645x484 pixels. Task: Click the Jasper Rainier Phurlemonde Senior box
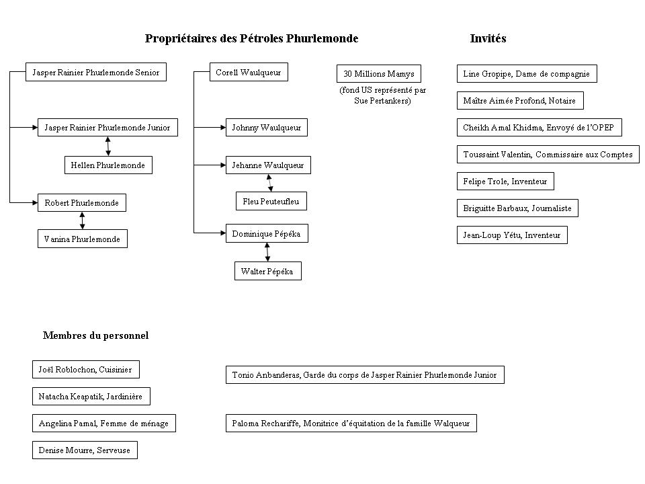coord(96,72)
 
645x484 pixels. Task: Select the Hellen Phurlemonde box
coord(108,165)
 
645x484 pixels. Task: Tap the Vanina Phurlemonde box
coord(82,239)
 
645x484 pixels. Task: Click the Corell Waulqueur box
coord(249,72)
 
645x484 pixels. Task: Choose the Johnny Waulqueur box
coord(267,128)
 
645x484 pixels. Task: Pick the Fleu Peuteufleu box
coord(271,201)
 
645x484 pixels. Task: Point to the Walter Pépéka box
coord(268,271)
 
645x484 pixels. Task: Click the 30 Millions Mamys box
coord(378,74)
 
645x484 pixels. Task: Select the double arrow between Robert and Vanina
coord(82,220)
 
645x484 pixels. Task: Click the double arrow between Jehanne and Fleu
coord(270,183)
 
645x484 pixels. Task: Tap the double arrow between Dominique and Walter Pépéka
coord(267,252)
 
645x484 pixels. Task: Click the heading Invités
coord(488,38)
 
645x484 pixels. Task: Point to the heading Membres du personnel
coord(95,335)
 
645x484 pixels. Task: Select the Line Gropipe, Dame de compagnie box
coord(527,74)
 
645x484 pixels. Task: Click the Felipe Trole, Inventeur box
coord(505,181)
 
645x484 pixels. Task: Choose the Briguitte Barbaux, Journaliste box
coord(517,208)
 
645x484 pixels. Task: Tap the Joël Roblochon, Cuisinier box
coord(85,369)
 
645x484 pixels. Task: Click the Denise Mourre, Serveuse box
coord(85,450)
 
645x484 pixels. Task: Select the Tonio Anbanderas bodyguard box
coord(365,374)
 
